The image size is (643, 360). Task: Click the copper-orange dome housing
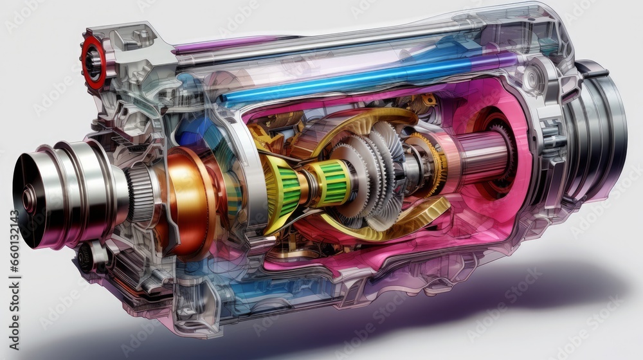pyautogui.click(x=186, y=199)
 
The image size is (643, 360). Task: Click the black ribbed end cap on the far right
pyautogui.click(x=601, y=129)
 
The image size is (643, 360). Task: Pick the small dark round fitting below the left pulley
pyautogui.click(x=84, y=258)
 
